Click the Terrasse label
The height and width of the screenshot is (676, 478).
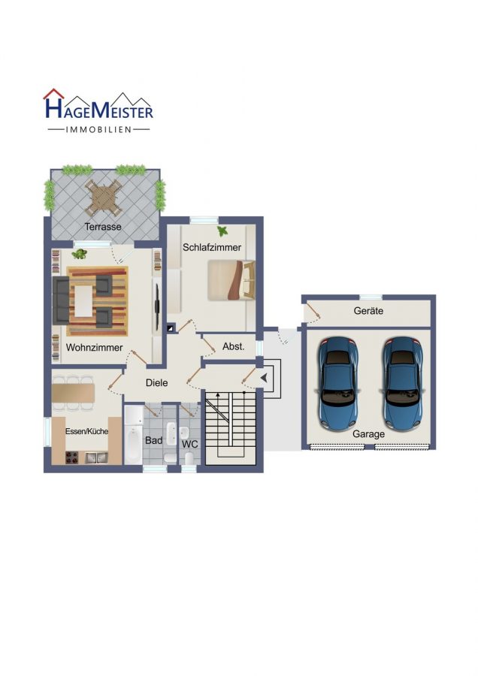[x=103, y=226]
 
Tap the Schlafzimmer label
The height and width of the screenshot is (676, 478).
[x=212, y=247]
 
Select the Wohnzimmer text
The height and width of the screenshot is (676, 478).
[x=95, y=348]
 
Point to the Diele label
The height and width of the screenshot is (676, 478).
[x=156, y=383]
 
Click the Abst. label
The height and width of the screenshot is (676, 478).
[x=234, y=346]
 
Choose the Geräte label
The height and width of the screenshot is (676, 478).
[x=368, y=310]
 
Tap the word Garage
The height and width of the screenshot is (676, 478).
[x=368, y=434]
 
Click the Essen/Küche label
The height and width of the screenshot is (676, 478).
[x=86, y=431]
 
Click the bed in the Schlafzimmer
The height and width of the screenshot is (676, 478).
[x=231, y=280]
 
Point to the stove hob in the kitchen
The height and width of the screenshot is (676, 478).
[x=71, y=457]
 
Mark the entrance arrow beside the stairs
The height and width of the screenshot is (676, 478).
[x=264, y=378]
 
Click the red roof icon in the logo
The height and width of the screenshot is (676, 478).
[x=53, y=94]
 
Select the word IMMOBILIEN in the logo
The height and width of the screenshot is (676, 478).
[x=98, y=129]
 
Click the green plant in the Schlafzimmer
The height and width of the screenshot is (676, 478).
[x=222, y=231]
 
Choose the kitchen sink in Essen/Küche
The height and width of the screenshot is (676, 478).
[x=95, y=457]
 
